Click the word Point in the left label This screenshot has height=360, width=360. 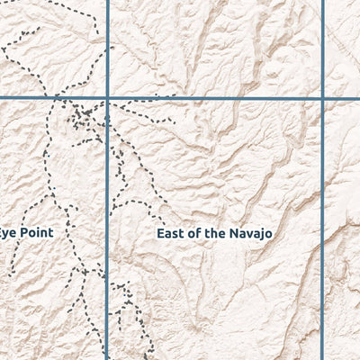coord(37,232)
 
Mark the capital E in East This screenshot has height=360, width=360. coord(160,233)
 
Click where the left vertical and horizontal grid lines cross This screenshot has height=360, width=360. coord(108,97)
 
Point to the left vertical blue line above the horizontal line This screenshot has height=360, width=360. coord(108,45)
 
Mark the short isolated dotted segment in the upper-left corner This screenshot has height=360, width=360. coord(27,31)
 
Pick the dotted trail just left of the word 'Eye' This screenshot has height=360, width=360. coord(13,261)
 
